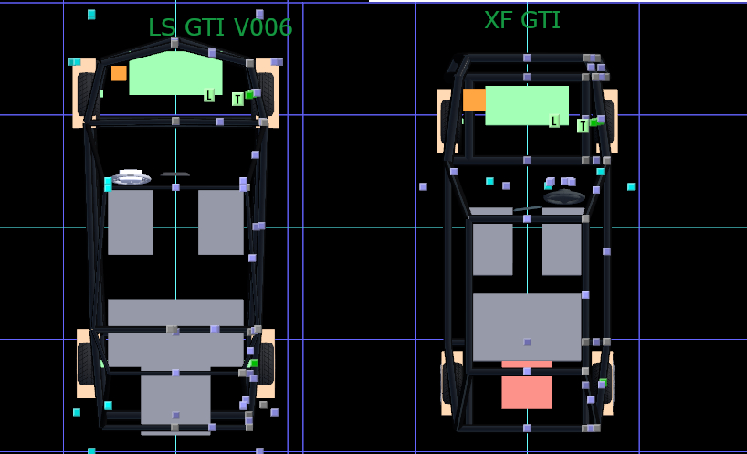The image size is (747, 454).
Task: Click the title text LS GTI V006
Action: click(x=220, y=27)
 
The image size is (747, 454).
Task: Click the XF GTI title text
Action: click(x=521, y=20)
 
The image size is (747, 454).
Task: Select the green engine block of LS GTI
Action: click(x=175, y=74)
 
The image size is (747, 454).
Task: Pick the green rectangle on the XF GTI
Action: click(x=526, y=105)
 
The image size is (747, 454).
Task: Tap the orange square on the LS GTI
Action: click(x=119, y=73)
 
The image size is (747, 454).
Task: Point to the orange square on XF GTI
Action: click(x=473, y=100)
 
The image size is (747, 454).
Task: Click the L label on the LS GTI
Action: click(x=208, y=95)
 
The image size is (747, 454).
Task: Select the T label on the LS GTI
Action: click(x=237, y=99)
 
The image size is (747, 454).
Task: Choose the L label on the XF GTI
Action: click(x=553, y=121)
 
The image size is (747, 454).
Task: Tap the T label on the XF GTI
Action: click(x=582, y=126)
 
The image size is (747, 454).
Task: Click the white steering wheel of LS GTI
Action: click(x=131, y=176)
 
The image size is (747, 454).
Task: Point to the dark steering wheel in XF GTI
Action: click(x=564, y=196)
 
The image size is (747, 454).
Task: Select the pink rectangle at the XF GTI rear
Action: click(x=527, y=387)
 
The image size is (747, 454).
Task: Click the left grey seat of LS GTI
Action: click(x=131, y=222)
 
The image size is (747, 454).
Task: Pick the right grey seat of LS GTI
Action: click(x=220, y=222)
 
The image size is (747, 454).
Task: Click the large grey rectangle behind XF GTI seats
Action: click(x=527, y=326)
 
